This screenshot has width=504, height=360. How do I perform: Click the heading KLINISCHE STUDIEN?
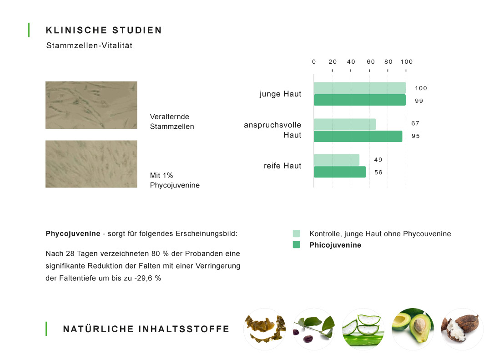(x=104, y=30)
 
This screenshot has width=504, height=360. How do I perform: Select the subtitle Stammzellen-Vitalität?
(x=89, y=46)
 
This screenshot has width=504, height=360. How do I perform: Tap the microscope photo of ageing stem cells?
(x=91, y=105)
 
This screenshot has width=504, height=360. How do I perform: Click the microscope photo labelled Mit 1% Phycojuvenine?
(x=91, y=164)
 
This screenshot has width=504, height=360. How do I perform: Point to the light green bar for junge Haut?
(x=360, y=88)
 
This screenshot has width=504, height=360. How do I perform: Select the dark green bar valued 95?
(x=358, y=136)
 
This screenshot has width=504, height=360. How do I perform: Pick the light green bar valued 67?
(x=345, y=124)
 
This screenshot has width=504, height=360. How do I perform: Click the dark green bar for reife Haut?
(x=340, y=172)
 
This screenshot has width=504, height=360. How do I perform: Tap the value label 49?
(x=378, y=160)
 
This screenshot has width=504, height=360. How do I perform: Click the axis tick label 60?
(x=371, y=61)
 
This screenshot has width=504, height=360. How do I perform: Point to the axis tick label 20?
(x=333, y=61)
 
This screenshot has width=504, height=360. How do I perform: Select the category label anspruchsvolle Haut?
(x=272, y=130)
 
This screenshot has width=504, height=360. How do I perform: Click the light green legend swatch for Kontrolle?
(x=297, y=233)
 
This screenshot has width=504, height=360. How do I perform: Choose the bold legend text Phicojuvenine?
(x=335, y=245)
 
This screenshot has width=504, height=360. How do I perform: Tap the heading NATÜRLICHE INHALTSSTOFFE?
(x=146, y=329)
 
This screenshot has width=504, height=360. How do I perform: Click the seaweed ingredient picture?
(x=265, y=329)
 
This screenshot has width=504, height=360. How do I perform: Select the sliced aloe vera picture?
(x=363, y=329)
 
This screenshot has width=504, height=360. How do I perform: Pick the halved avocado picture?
(x=413, y=329)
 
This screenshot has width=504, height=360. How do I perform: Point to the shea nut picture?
(x=462, y=329)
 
